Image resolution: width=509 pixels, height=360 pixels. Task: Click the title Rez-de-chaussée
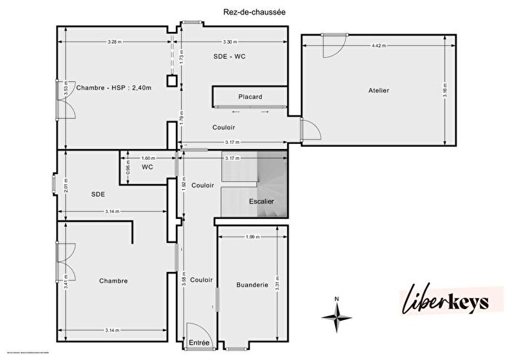coord(254,12)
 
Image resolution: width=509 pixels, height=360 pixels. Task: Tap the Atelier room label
coord(378,90)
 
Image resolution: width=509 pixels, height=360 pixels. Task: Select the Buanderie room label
coord(252,285)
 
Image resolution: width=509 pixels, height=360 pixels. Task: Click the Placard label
coord(250,97)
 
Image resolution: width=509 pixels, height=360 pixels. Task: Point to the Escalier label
coord(262,201)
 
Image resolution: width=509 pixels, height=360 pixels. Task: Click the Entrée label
coord(199,343)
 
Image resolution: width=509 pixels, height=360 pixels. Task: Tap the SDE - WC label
coord(228,57)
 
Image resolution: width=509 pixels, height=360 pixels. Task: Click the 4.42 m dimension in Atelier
coord(378,46)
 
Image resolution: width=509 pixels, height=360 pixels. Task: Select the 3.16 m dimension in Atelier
coord(445,91)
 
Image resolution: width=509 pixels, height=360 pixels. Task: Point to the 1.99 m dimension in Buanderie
coord(252,237)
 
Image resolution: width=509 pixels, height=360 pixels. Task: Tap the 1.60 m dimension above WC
coord(148,158)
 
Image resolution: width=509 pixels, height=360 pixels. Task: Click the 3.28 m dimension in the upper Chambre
coord(113,42)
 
